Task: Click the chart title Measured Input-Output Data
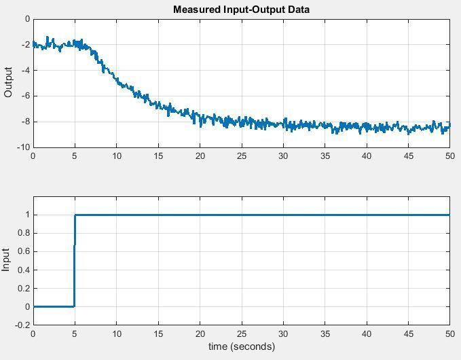241,10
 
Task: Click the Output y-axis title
9,82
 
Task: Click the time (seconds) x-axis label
241,346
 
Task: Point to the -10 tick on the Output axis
22,147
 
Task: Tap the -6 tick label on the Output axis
24,96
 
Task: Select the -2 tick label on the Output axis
24,45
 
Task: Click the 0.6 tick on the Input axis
24,252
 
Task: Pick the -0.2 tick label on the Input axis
22,325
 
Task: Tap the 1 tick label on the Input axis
27,215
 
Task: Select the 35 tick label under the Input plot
325,335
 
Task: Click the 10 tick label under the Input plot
116,335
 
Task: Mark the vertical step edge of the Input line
75,262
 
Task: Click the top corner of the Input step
75,215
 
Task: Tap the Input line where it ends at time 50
449,215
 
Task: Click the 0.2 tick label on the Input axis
24,289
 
